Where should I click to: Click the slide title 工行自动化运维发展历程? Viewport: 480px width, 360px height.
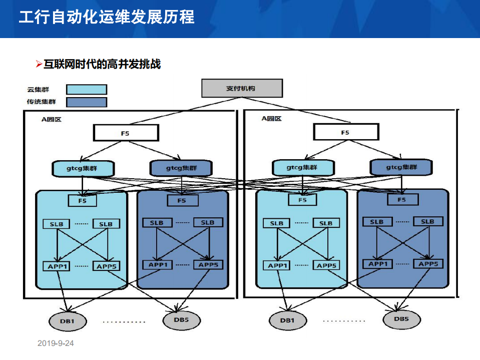[106, 18]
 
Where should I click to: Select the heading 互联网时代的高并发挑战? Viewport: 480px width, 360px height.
[102, 64]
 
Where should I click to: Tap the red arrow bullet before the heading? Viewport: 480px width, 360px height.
[39, 64]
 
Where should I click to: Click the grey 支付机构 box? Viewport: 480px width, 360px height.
[242, 88]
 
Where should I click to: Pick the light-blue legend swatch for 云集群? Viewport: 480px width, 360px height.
[87, 89]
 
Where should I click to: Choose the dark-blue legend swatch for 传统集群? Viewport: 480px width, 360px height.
[87, 102]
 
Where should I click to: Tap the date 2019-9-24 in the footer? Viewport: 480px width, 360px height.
[56, 343]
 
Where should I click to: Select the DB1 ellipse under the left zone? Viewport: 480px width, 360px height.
[67, 320]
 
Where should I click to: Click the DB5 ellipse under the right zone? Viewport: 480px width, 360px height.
[401, 318]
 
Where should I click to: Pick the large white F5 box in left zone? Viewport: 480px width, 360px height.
[126, 133]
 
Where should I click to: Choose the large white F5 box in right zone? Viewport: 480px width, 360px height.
[346, 133]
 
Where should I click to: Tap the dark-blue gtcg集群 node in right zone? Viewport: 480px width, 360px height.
[400, 167]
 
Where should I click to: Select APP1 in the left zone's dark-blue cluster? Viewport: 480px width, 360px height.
[158, 264]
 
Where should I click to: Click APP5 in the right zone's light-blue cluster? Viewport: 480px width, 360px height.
[326, 265]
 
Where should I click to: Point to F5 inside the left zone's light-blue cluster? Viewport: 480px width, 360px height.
[83, 201]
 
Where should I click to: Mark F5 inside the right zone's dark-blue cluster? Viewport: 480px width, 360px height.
[401, 200]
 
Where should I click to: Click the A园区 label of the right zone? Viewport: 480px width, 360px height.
[271, 119]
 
